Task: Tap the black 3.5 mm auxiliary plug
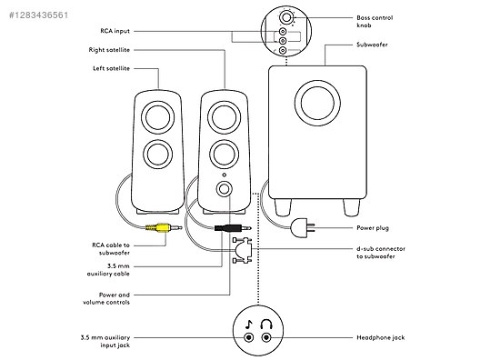pos(233,228)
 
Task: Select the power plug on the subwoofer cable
pos(303,228)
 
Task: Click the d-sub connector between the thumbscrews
pos(245,250)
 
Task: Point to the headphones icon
pos(266,325)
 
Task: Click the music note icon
pos(249,325)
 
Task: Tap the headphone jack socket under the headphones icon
pos(266,337)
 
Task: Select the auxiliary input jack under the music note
pos(249,337)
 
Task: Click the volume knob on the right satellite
pos(224,189)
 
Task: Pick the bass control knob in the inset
pos(286,17)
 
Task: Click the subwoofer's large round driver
pos(317,103)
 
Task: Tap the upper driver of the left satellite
pos(157,117)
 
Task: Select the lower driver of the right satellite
pos(224,155)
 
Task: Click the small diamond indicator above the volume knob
pos(224,175)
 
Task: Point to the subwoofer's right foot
pos(351,207)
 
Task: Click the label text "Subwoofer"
pos(372,45)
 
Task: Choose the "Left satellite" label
pos(112,68)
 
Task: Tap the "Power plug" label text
pos(373,228)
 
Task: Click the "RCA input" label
pos(115,31)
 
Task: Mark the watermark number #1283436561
pos(38,15)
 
